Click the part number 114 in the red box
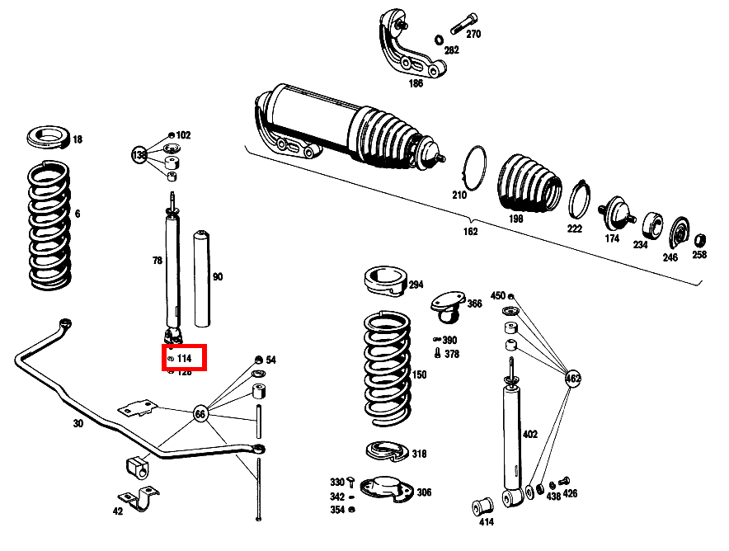click(x=184, y=359)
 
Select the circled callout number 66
click(x=200, y=413)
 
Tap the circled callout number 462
click(x=572, y=379)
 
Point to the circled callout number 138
click(x=139, y=154)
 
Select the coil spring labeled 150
click(x=387, y=367)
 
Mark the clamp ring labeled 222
click(x=581, y=199)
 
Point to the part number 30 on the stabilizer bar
click(x=78, y=424)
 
